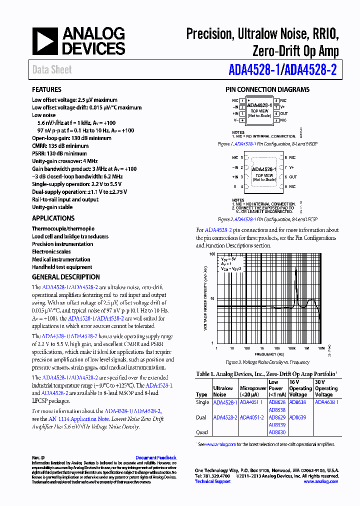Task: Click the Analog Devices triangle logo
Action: (45, 41)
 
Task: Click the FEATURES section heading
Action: (46, 89)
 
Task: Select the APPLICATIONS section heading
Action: (53, 218)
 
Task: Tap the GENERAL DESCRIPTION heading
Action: (65, 277)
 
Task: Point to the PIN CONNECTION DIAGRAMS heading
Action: (267, 89)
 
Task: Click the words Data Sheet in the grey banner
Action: (52, 70)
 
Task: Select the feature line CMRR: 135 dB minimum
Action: (60, 146)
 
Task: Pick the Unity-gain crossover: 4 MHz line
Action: (64, 161)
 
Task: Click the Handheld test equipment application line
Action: (62, 267)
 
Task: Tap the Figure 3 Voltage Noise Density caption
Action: (267, 362)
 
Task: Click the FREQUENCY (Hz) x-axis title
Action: (268, 353)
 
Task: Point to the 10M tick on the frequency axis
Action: (321, 348)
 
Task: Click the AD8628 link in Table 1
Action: (276, 402)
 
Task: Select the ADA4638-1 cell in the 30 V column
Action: (326, 402)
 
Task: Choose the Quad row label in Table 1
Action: (202, 432)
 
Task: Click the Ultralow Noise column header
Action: (223, 391)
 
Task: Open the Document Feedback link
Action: (155, 457)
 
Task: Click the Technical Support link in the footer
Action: (212, 481)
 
